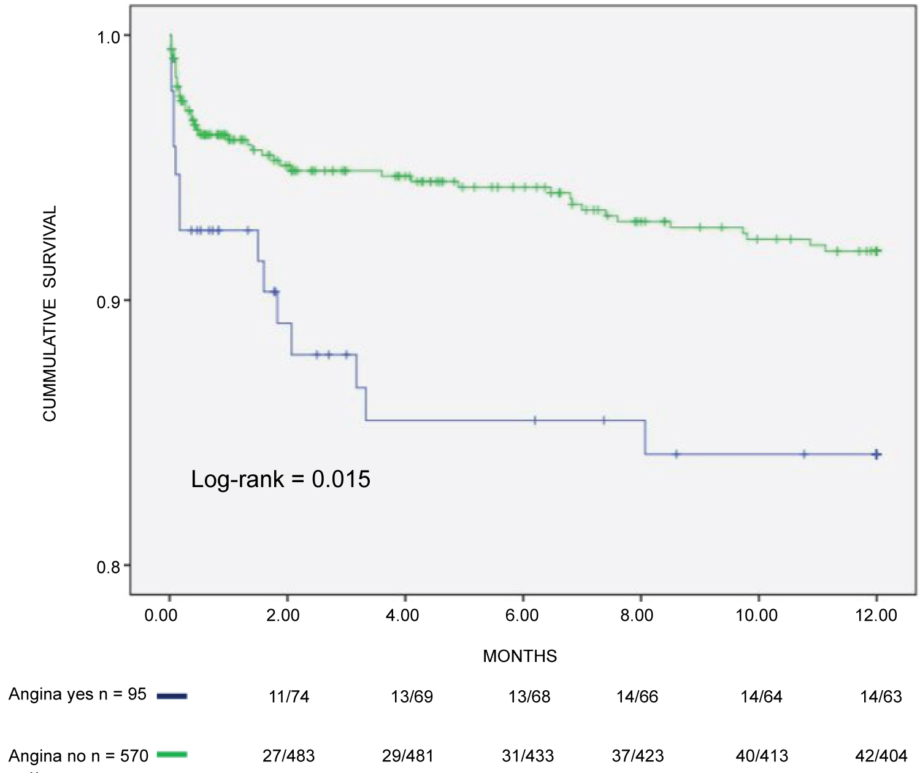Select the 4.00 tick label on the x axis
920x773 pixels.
tap(402, 615)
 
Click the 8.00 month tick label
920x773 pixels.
tap(637, 615)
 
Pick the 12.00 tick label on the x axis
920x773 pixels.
tap(876, 615)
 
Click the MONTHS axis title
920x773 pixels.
tap(519, 656)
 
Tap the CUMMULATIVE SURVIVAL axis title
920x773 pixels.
tap(50, 313)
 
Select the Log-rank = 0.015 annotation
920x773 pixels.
tap(280, 479)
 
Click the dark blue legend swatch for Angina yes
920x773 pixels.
tap(172, 696)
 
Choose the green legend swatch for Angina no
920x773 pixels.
tap(172, 755)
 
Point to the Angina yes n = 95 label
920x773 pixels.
tap(77, 694)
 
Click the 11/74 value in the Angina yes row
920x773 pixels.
tap(289, 697)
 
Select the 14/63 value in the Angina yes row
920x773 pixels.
tap(881, 697)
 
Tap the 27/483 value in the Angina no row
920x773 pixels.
tap(289, 756)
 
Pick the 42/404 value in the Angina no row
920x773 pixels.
tap(881, 756)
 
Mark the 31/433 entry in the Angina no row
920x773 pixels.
tap(527, 756)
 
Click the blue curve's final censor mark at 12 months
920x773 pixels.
tap(876, 454)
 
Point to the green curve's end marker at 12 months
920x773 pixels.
tap(876, 250)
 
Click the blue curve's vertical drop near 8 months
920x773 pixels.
tap(645, 437)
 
